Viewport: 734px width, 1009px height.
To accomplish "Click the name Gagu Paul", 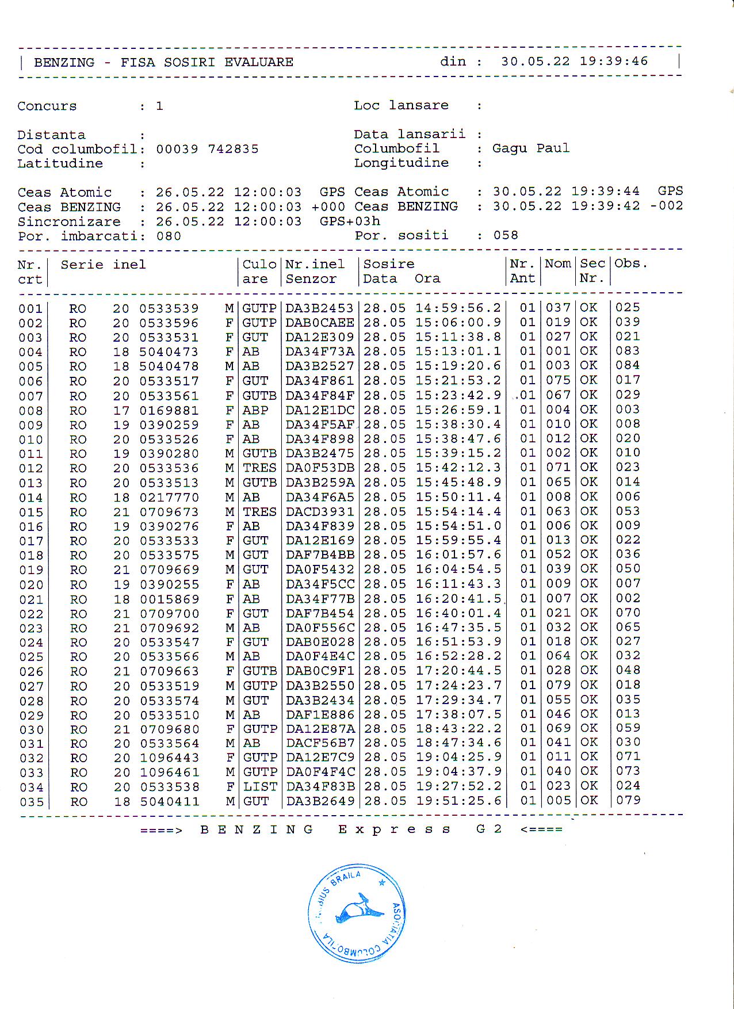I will (530, 148).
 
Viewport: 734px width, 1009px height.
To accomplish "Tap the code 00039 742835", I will (207, 150).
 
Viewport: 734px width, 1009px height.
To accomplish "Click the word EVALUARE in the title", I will (259, 63).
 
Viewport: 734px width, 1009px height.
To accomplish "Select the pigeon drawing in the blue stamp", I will (358, 909).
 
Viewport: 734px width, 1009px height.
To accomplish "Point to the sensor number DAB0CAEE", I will (320, 323).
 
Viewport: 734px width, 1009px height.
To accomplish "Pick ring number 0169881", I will (169, 411).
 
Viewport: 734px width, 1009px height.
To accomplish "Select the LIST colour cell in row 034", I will (260, 786).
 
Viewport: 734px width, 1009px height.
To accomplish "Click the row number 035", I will (31, 802).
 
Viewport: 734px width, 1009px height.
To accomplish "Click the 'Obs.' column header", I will (630, 263).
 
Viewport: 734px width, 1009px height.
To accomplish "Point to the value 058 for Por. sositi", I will (506, 235).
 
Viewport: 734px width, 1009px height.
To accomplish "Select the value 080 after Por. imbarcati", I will (169, 236).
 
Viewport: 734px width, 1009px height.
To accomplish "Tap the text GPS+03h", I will (350, 221).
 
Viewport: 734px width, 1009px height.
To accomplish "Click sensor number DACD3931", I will (320, 512).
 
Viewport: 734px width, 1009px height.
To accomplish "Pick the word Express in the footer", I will (394, 830).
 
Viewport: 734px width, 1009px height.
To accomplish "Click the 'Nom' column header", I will (557, 263).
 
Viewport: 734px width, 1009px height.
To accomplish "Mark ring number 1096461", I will (170, 772).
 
